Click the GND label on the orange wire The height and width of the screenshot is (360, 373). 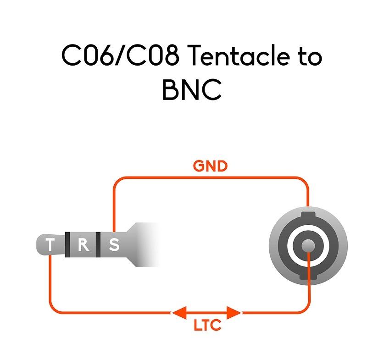(210, 166)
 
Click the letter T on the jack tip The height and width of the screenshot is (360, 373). (50, 245)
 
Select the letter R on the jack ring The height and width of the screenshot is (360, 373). (83, 245)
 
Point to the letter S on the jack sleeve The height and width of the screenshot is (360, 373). (113, 245)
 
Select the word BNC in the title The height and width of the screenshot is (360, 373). (192, 90)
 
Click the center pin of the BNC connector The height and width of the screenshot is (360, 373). (308, 246)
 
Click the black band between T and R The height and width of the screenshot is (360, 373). (67, 245)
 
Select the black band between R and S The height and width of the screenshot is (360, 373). (98, 245)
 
